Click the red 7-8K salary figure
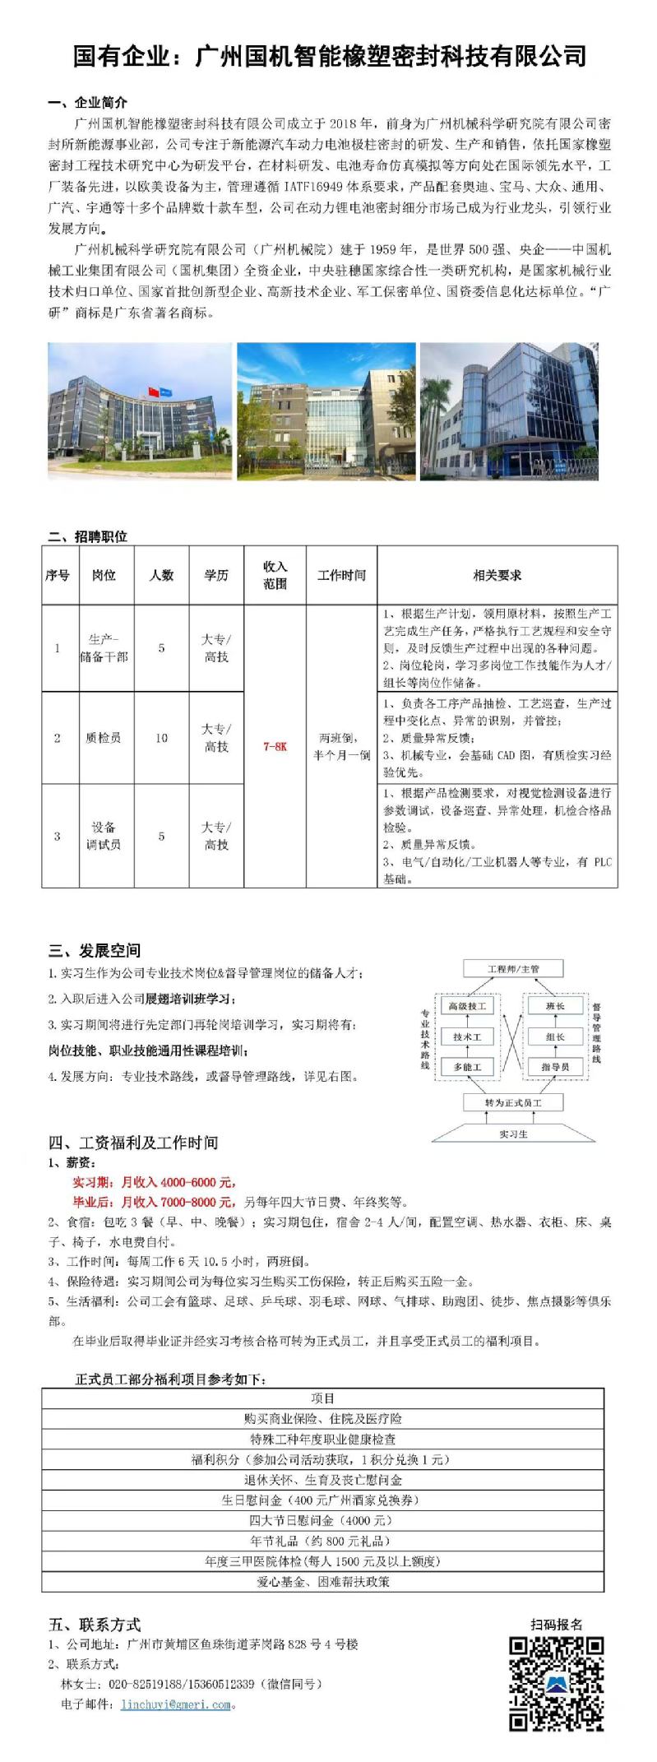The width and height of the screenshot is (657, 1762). [275, 747]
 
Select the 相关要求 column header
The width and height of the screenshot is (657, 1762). [497, 576]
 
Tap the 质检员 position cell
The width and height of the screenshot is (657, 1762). [104, 738]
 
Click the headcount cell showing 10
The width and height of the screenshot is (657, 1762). [161, 738]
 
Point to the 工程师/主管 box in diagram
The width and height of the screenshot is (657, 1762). [513, 969]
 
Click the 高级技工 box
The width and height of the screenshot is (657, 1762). [467, 1006]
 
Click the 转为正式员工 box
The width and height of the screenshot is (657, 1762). [513, 1102]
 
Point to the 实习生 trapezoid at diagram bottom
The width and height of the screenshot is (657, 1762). [513, 1134]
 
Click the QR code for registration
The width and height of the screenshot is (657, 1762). [557, 1682]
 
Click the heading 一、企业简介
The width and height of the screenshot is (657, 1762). [88, 103]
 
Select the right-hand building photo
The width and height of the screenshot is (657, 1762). [509, 411]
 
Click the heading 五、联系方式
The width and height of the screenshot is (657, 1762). [95, 1625]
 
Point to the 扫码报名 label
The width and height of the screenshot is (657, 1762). [557, 1624]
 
